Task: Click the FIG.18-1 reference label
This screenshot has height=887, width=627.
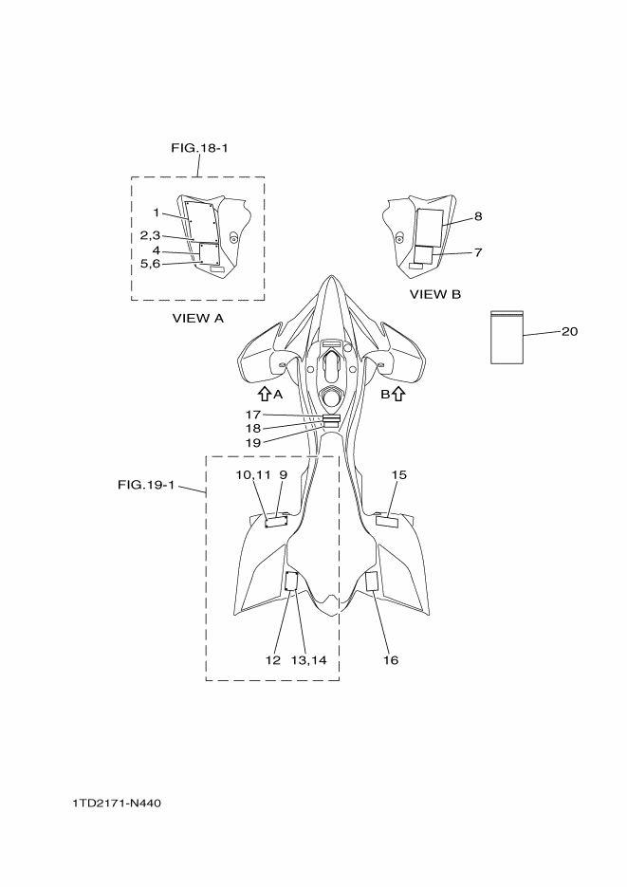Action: pyautogui.click(x=199, y=148)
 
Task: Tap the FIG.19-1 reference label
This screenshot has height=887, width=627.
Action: pyautogui.click(x=146, y=485)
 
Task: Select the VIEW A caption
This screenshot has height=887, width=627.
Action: pyautogui.click(x=197, y=319)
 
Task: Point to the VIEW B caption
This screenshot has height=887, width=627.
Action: pyautogui.click(x=435, y=295)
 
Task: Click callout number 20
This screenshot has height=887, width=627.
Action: pyautogui.click(x=569, y=331)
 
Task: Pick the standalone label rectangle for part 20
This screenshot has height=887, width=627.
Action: pyautogui.click(x=507, y=337)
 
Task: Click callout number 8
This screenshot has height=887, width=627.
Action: pyautogui.click(x=478, y=216)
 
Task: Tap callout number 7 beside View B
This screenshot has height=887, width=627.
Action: pyautogui.click(x=478, y=252)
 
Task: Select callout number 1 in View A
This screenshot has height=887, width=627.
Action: pyautogui.click(x=156, y=213)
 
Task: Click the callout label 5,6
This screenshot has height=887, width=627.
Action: pyautogui.click(x=150, y=264)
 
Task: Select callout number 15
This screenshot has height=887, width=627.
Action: pyautogui.click(x=399, y=473)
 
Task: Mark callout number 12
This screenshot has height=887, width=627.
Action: pyautogui.click(x=273, y=659)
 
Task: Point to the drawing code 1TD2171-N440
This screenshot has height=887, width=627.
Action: pyautogui.click(x=117, y=804)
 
